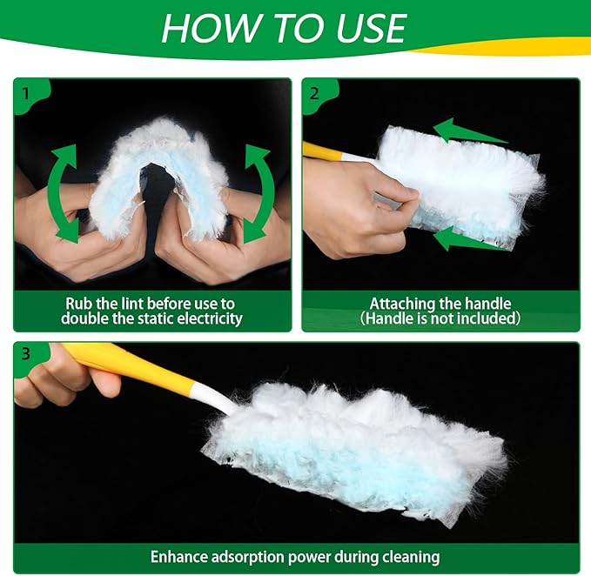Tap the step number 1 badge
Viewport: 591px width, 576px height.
click(26, 91)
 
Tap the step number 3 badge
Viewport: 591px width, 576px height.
click(26, 354)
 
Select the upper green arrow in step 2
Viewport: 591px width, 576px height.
click(470, 132)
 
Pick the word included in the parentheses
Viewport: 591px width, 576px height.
click(482, 318)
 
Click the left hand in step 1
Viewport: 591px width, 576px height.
click(96, 235)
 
